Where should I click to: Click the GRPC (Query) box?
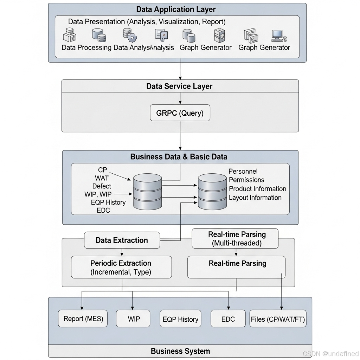(180, 113)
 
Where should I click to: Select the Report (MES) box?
(83, 319)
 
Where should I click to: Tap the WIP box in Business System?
(133, 319)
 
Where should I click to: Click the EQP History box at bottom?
(180, 319)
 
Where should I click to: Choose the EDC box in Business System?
(228, 319)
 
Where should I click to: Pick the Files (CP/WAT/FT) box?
(278, 319)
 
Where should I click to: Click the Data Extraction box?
(122, 240)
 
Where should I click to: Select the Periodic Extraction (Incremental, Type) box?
(121, 267)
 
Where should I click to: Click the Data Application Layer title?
(176, 9)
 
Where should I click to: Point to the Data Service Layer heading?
(179, 86)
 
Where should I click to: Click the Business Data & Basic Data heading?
(179, 157)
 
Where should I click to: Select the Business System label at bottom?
(180, 351)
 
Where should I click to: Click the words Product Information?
(257, 189)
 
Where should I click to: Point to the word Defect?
(102, 186)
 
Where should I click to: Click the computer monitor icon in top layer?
(277, 35)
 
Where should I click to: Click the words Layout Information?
(255, 198)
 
